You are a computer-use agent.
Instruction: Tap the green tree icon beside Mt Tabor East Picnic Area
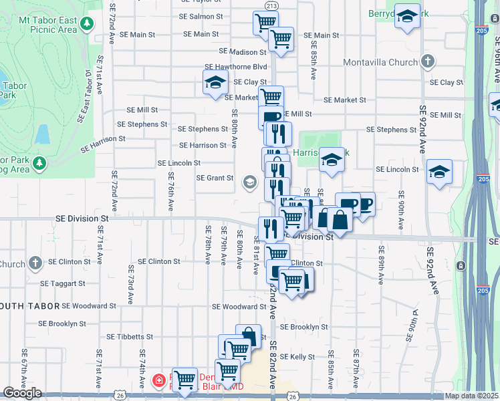pos(86,25)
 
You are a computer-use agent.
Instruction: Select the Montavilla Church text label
pos(380,63)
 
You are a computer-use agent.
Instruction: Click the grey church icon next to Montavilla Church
pos(428,62)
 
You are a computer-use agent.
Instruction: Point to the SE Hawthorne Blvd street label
pos(235,67)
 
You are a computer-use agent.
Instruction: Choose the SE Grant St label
pos(215,178)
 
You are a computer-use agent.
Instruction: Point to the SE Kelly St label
pos(297,357)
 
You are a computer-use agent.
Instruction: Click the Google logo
pos(22,393)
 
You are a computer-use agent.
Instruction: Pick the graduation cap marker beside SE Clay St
pos(215,84)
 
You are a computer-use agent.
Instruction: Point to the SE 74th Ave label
pos(142,362)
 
